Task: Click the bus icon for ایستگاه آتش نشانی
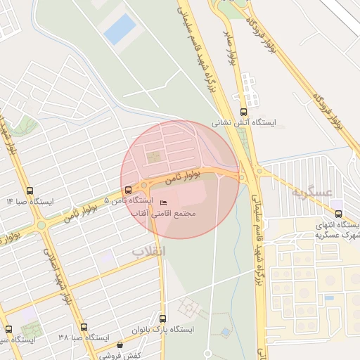tap(244, 112)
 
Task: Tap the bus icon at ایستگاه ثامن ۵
tap(127, 190)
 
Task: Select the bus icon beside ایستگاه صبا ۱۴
tap(29, 191)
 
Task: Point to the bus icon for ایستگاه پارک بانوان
tap(162, 319)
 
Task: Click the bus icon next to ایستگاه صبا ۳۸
tap(84, 328)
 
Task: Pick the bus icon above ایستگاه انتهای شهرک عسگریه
tap(338, 214)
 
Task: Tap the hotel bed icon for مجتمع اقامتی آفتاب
tap(155, 204)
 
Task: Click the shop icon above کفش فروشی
tap(120, 345)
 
